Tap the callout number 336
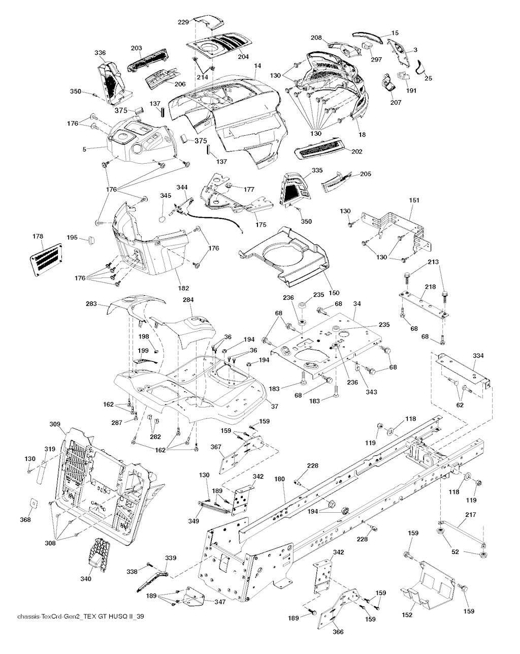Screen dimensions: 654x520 100,52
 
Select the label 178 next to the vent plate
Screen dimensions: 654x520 38,236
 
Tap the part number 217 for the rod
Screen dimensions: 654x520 470,515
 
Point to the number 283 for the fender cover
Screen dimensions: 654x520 91,304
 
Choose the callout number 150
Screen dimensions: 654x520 334,293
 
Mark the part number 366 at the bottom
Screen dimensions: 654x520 338,632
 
